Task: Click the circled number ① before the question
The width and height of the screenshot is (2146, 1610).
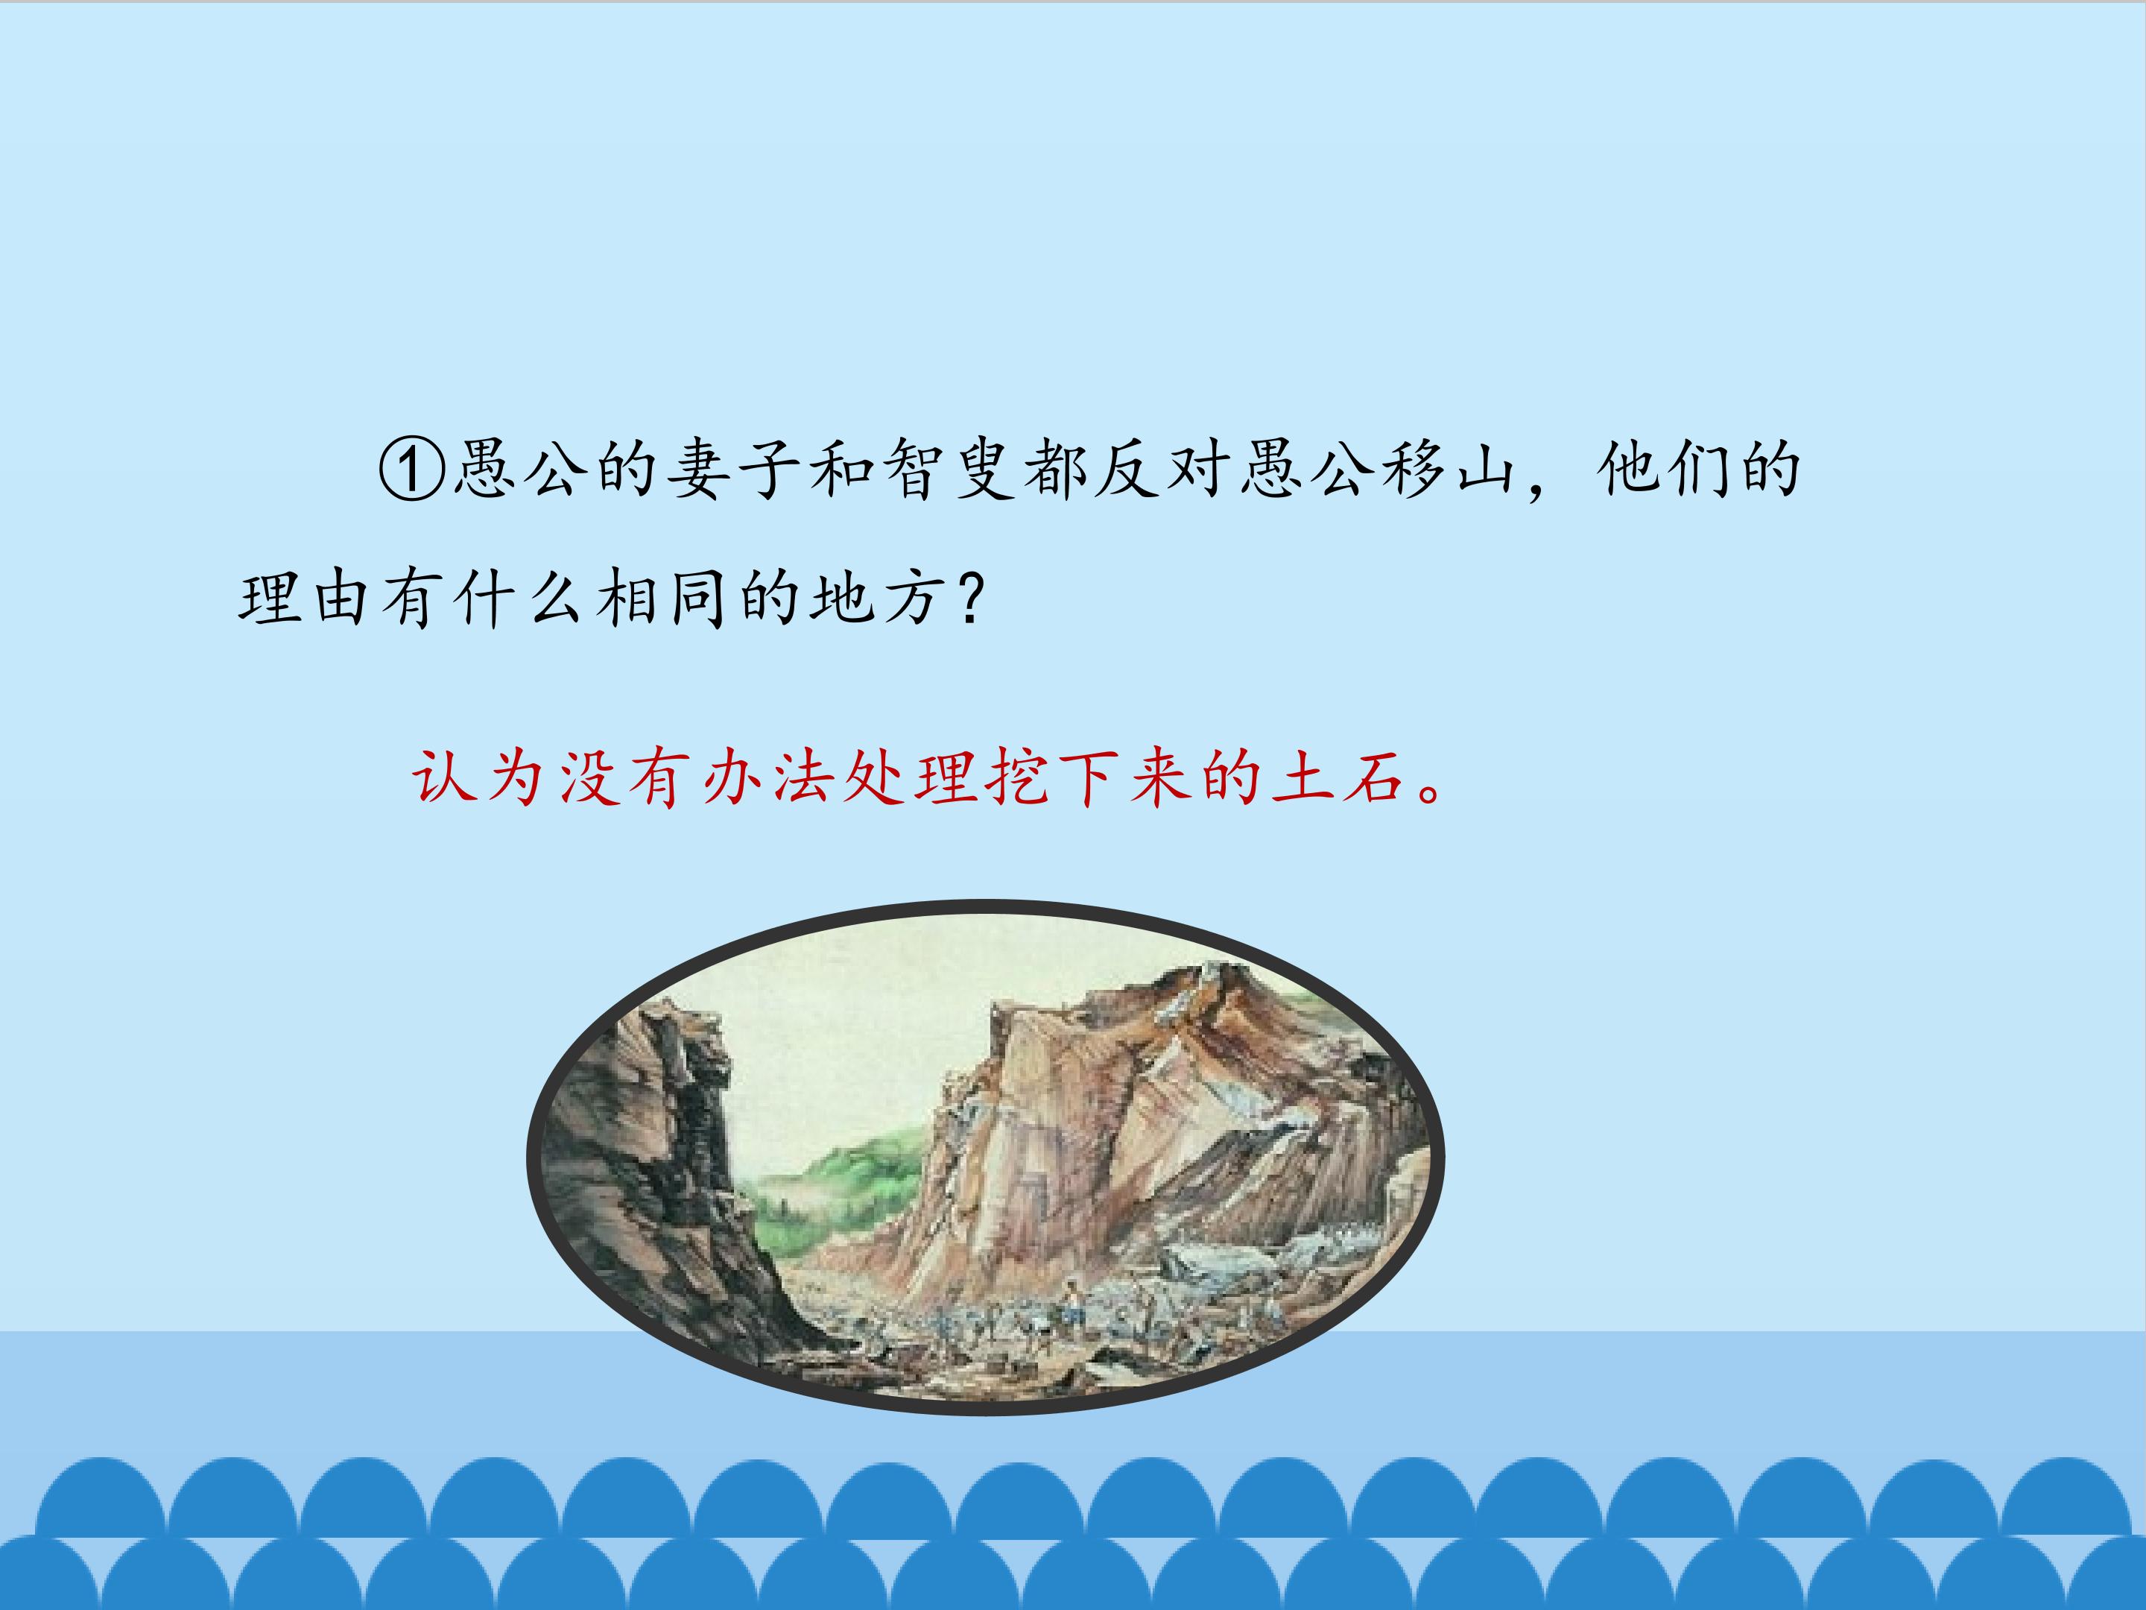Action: [x=412, y=470]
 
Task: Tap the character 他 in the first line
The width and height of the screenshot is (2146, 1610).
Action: [x=1629, y=470]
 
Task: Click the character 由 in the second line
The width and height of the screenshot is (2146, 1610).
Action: [x=341, y=599]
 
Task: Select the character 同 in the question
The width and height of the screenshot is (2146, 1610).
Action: [x=698, y=599]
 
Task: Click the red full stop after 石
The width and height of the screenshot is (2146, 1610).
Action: [x=1431, y=791]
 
